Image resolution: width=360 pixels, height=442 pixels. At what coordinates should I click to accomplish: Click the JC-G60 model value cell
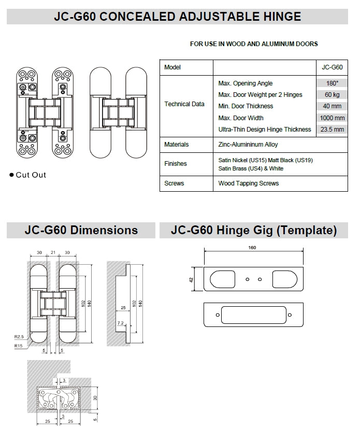click(332, 67)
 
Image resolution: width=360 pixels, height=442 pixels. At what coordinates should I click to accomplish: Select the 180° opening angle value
click(332, 83)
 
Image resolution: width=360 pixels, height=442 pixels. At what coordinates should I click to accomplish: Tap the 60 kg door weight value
click(332, 95)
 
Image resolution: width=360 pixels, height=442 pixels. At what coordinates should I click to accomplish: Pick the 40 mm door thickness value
click(332, 106)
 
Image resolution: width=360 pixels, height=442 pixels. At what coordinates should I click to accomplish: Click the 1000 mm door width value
click(332, 118)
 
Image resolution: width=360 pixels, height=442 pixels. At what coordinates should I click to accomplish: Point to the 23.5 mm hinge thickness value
click(332, 130)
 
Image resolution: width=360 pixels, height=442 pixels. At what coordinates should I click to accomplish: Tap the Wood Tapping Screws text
click(248, 183)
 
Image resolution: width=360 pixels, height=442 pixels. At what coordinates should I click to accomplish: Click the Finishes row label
click(175, 164)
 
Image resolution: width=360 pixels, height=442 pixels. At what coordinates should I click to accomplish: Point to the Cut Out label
click(31, 175)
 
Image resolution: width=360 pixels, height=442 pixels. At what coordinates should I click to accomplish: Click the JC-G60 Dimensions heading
click(81, 230)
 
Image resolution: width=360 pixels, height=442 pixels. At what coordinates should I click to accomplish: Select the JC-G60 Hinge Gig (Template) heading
click(254, 230)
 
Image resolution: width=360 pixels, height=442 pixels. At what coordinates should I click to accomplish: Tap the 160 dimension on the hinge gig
click(253, 248)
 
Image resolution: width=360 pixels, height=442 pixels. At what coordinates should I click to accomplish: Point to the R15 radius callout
click(18, 345)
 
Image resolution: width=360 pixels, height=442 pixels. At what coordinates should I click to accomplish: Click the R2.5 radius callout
click(19, 337)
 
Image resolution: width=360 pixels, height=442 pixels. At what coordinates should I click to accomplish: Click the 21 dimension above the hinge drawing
click(52, 253)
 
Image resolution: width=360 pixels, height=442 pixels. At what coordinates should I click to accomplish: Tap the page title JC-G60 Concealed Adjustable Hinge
click(177, 17)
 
